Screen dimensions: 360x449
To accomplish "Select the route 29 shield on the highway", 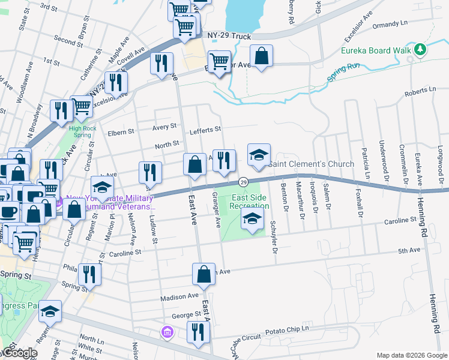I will click(244, 182).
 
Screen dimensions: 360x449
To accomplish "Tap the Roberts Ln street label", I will click(420, 90).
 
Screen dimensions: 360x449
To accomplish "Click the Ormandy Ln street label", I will click(390, 25).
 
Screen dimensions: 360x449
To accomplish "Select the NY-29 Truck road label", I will click(229, 37).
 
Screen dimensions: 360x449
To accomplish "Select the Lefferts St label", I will click(205, 129).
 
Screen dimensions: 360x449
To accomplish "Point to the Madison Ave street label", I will click(179, 296).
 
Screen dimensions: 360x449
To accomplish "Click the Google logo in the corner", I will click(19, 353).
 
